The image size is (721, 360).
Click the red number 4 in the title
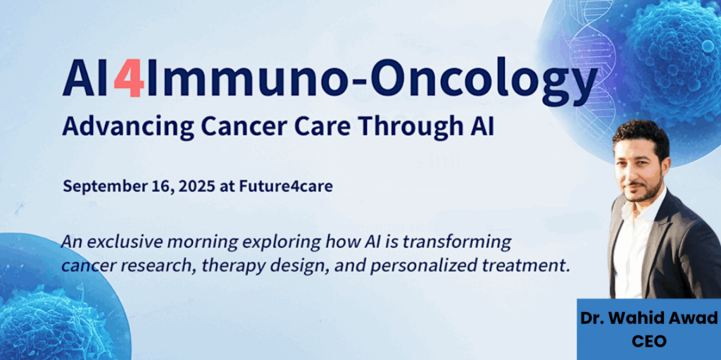pyautogui.click(x=130, y=79)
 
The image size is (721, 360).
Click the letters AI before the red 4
pyautogui.click(x=88, y=79)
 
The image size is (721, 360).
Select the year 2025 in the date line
pyautogui.click(x=165, y=187)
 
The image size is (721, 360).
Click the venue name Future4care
pyautogui.click(x=286, y=187)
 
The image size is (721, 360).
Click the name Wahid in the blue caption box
pyautogui.click(x=633, y=318)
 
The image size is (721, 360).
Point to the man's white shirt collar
pyautogui.click(x=642, y=209)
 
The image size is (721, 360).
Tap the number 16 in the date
pyautogui.click(x=136, y=187)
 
